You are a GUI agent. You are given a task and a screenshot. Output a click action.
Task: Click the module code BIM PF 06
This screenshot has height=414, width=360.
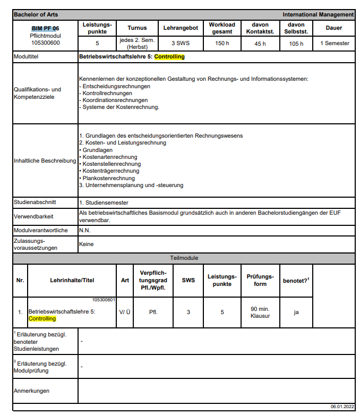pos(45,28)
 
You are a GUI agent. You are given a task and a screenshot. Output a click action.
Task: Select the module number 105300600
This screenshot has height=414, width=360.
pos(45,43)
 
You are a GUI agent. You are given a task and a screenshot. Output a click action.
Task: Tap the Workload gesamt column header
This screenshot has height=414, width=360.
pos(221,28)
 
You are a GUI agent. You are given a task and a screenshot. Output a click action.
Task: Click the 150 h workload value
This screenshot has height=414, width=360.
pos(221,44)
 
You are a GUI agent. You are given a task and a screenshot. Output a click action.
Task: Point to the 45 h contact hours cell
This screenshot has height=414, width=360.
pos(260,44)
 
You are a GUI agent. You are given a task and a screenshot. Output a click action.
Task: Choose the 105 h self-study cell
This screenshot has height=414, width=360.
pos(296,44)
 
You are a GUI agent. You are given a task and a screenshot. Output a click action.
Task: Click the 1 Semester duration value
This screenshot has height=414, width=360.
pos(335,44)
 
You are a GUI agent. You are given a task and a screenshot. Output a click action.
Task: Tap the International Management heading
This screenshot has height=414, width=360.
pos(318,14)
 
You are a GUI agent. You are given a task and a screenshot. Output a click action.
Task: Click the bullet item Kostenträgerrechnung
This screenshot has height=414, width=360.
pos(110,171)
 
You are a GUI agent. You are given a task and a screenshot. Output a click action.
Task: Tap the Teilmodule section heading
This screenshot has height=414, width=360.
pos(184,258)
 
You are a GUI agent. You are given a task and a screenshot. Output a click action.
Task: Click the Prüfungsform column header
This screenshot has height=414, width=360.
pos(260,280)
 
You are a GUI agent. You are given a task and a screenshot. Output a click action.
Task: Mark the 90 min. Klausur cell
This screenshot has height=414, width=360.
pos(260,312)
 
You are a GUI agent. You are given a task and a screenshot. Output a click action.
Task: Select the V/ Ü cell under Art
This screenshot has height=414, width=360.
pos(125,312)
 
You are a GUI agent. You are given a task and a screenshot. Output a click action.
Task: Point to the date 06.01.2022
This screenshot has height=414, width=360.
pos(341,406)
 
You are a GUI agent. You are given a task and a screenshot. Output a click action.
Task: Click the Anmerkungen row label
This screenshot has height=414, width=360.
pos(31,391)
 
